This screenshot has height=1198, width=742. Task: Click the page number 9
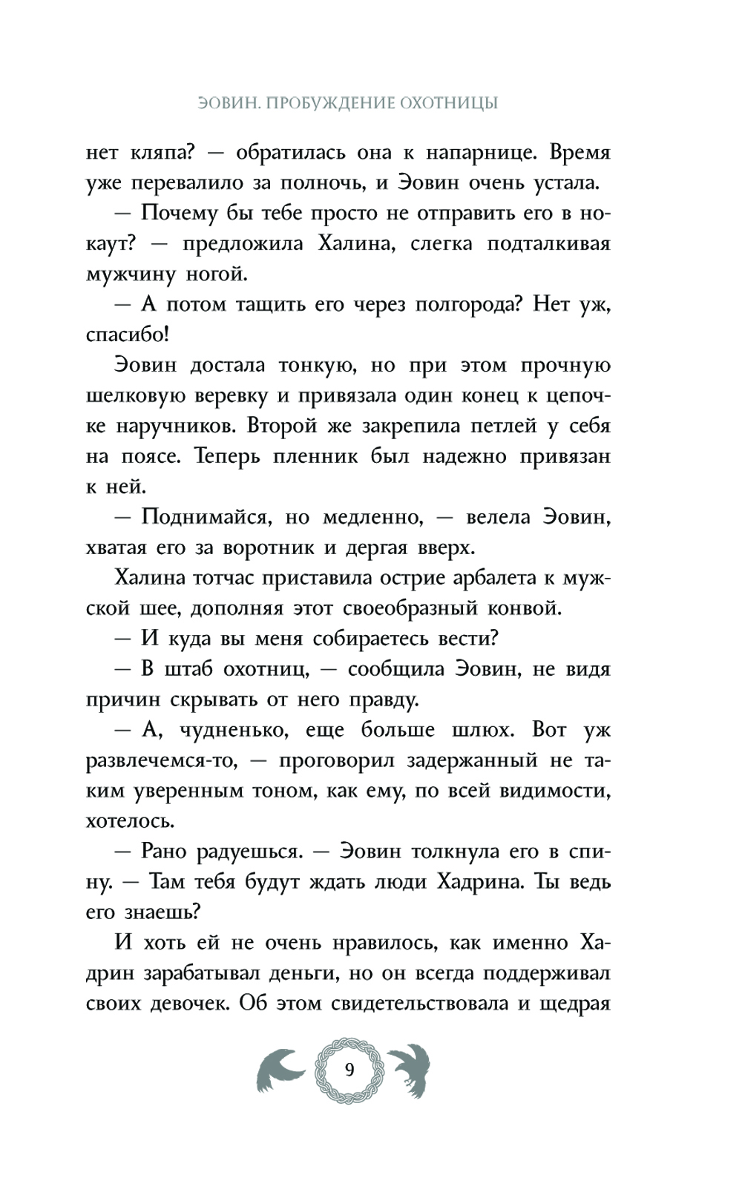coord(349,1070)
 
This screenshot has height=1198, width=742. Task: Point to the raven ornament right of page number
coord(409,1071)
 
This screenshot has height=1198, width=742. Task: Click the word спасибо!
coord(128,335)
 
